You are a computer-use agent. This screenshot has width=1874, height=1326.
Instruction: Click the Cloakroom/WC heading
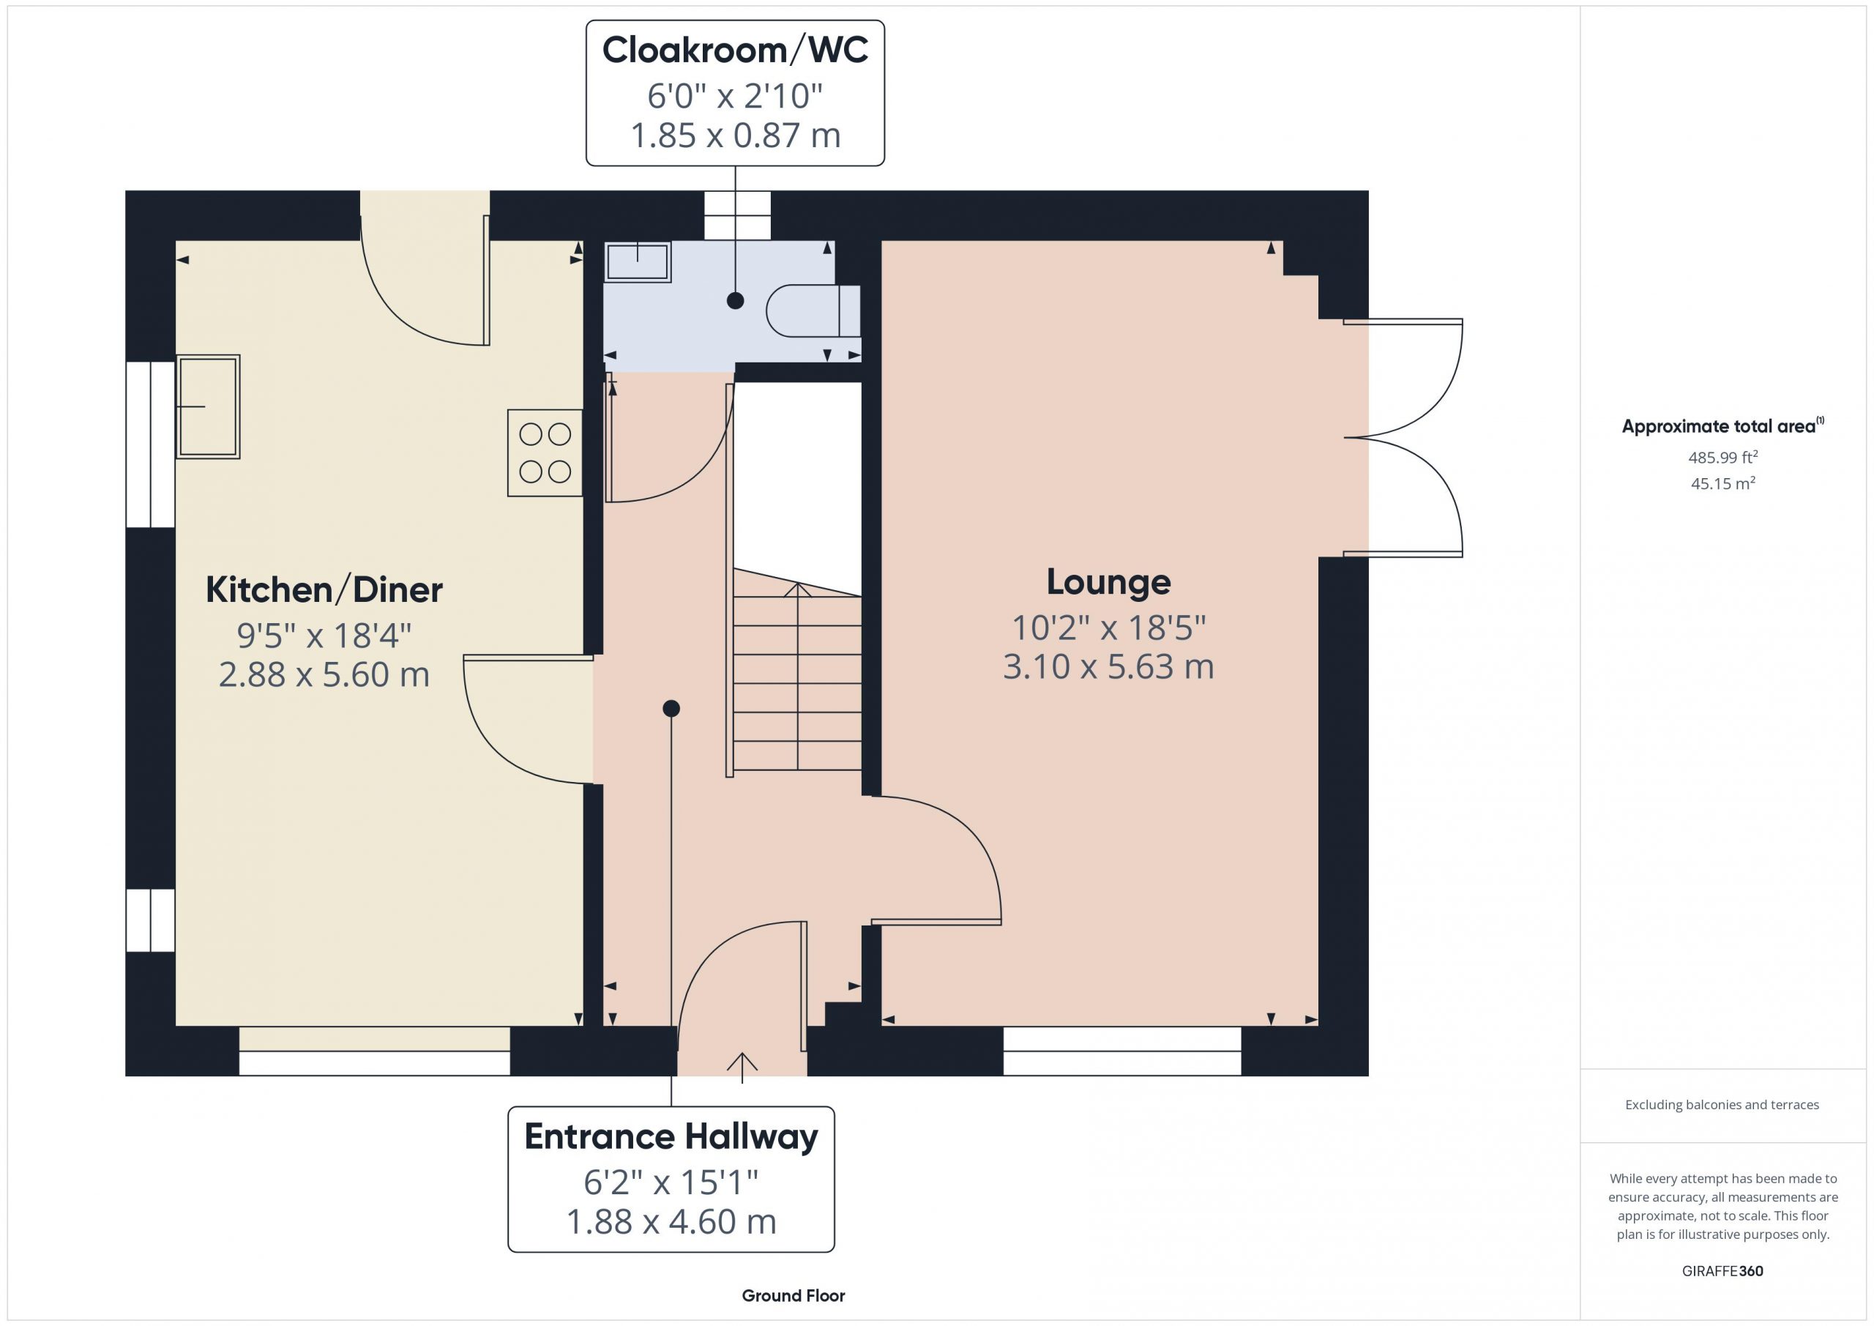click(734, 50)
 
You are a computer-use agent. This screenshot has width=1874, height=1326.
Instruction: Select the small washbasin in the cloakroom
click(638, 262)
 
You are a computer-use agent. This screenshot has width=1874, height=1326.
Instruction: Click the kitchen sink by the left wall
click(208, 406)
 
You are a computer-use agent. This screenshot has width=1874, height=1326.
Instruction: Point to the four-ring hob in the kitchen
click(545, 453)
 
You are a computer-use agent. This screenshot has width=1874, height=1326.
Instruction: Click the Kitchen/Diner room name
click(324, 589)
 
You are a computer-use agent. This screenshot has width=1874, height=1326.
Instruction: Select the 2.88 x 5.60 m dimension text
click(324, 674)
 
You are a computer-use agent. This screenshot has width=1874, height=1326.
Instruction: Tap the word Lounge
click(1108, 583)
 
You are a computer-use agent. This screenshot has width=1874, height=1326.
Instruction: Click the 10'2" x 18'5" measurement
click(1108, 628)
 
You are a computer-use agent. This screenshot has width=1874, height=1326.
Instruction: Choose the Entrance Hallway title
click(671, 1136)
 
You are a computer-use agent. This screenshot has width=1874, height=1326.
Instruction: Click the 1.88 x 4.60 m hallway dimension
click(671, 1221)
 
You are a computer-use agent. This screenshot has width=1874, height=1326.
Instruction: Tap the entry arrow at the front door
click(742, 1068)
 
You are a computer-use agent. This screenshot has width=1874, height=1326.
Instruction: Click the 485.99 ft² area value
click(1723, 457)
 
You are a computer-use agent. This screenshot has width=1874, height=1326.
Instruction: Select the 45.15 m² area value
click(1723, 483)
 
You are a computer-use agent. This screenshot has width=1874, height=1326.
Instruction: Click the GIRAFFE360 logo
click(1722, 1271)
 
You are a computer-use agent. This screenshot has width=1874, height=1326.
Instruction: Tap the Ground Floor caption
click(794, 1296)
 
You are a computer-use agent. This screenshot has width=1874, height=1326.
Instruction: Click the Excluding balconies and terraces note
click(1722, 1105)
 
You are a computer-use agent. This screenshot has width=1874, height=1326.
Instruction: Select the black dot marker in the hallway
click(671, 709)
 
